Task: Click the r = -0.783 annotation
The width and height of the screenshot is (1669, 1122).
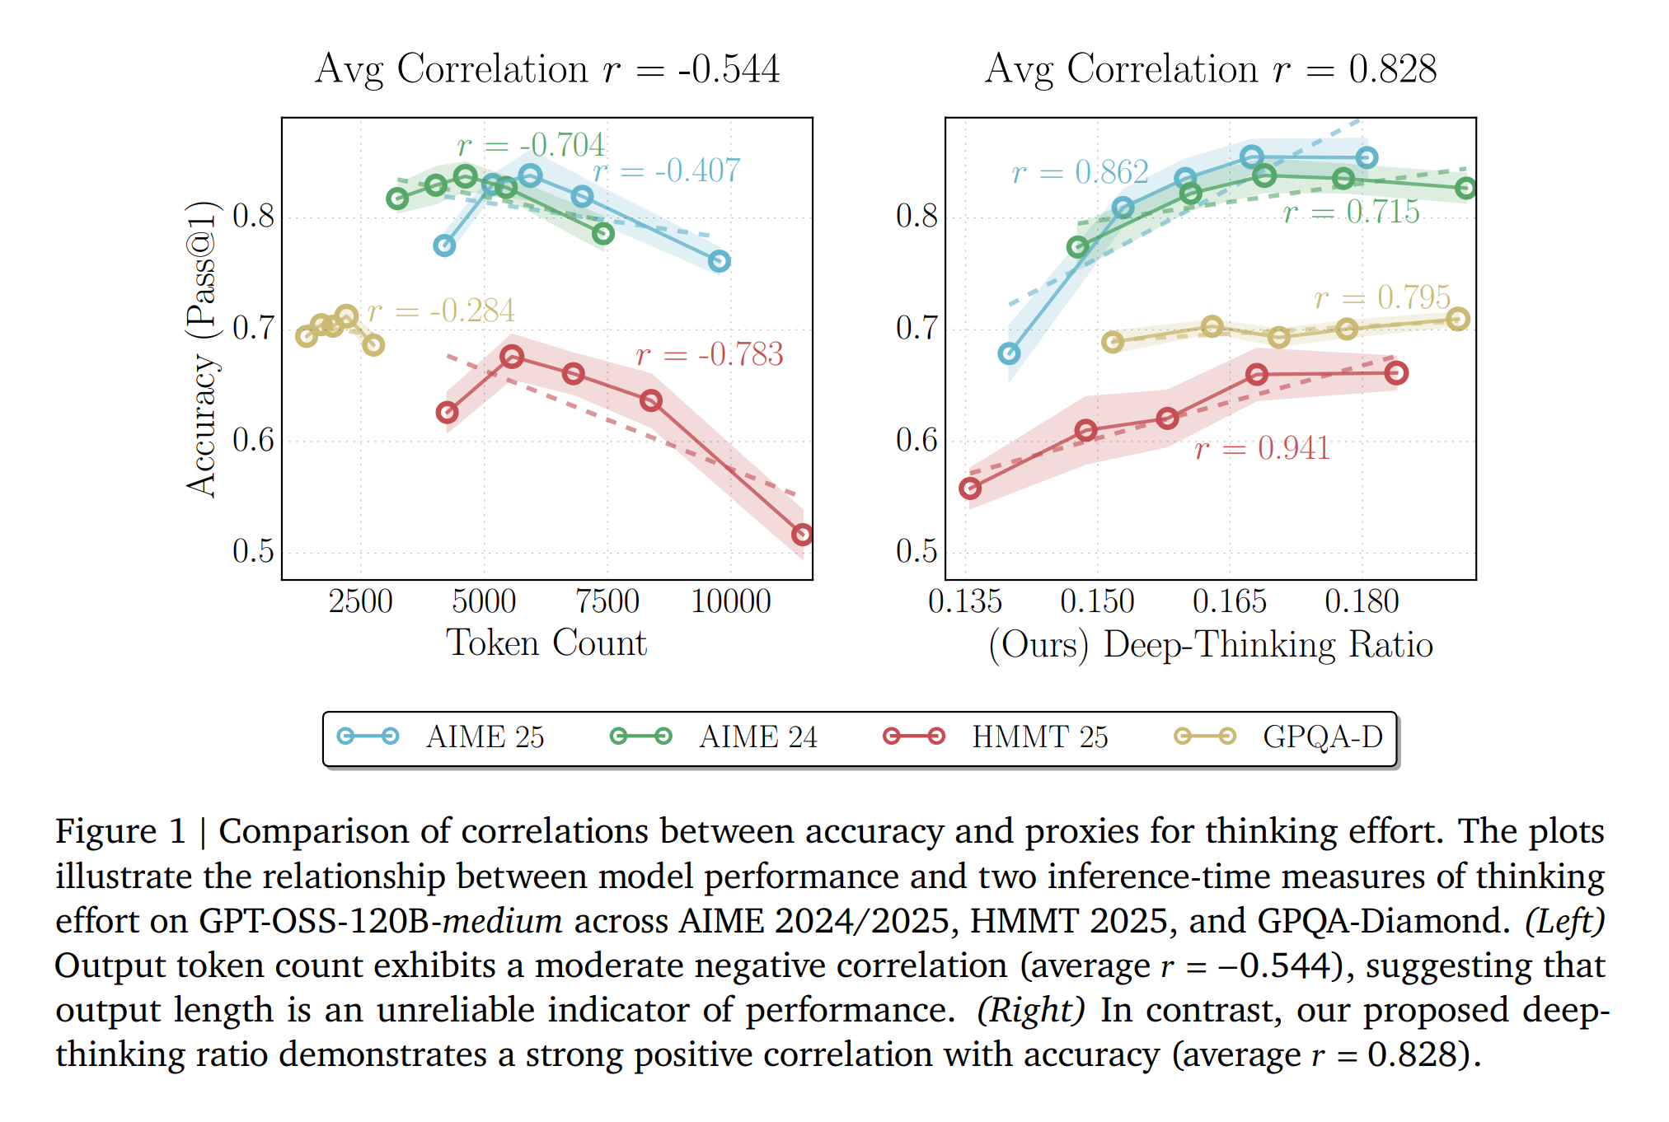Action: pyautogui.click(x=710, y=354)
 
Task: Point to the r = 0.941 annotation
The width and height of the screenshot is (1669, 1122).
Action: pyautogui.click(x=1263, y=449)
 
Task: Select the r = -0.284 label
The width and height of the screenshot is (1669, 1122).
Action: pyautogui.click(x=441, y=311)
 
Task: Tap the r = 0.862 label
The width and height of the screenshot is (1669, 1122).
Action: pyautogui.click(x=1080, y=172)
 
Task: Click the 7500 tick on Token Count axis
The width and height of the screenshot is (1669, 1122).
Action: pyautogui.click(x=607, y=601)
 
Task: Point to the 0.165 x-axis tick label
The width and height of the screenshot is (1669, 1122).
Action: pyautogui.click(x=1229, y=601)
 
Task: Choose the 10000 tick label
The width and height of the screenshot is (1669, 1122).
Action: pyautogui.click(x=730, y=601)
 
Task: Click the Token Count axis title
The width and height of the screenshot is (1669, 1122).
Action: pyautogui.click(x=546, y=643)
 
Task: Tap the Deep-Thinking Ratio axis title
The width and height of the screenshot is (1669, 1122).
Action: pyautogui.click(x=1210, y=644)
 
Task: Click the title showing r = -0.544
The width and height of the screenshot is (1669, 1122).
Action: pyautogui.click(x=546, y=68)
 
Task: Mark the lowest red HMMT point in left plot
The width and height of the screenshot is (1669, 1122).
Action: pyautogui.click(x=801, y=535)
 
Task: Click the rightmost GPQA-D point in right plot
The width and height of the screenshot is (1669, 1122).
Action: pyautogui.click(x=1458, y=319)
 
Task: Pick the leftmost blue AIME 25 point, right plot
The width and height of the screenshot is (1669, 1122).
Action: pyautogui.click(x=1009, y=353)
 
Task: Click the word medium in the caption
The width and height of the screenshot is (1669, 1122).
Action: pyautogui.click(x=503, y=921)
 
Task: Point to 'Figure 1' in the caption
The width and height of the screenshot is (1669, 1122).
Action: pyautogui.click(x=120, y=831)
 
